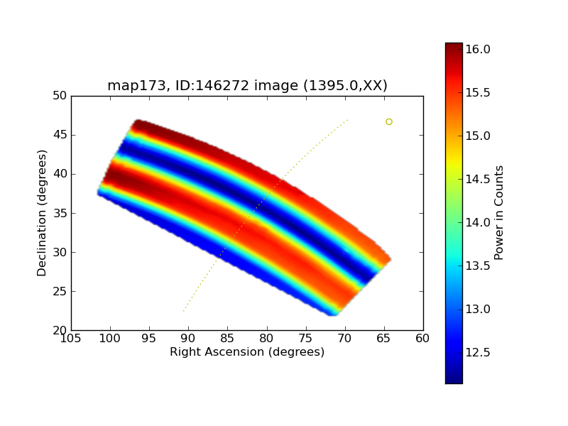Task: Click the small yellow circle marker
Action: pyautogui.click(x=389, y=122)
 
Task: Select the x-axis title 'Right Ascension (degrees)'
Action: pyautogui.click(x=247, y=352)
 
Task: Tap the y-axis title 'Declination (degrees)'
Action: pyautogui.click(x=42, y=213)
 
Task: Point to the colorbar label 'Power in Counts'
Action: pyautogui.click(x=499, y=212)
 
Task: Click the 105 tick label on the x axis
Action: pyautogui.click(x=71, y=339)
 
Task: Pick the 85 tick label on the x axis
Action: pyautogui.click(x=227, y=339)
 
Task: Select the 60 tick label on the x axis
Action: pyautogui.click(x=423, y=339)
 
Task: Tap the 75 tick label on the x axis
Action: pyautogui.click(x=306, y=339)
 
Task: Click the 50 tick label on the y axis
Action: pyautogui.click(x=60, y=96)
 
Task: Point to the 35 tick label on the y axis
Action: pyautogui.click(x=60, y=213)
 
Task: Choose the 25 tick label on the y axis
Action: pyautogui.click(x=60, y=291)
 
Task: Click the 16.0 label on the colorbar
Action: pyautogui.click(x=478, y=49)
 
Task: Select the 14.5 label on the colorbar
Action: pyautogui.click(x=478, y=179)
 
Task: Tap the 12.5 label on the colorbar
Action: pyautogui.click(x=478, y=352)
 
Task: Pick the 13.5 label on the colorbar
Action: pyautogui.click(x=478, y=266)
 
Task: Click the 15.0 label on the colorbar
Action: pyautogui.click(x=478, y=136)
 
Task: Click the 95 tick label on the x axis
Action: pyautogui.click(x=149, y=339)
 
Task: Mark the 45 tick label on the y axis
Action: pyautogui.click(x=60, y=135)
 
